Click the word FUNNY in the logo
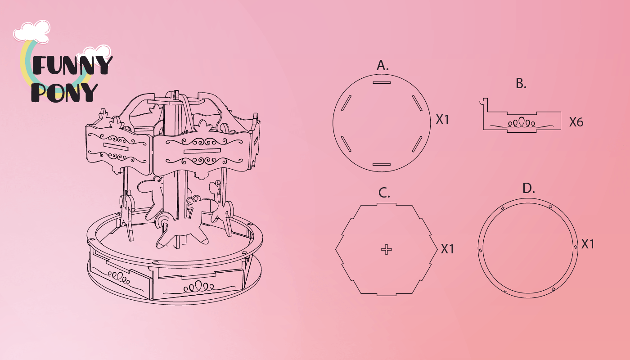pos(72,65)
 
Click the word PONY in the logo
pos(64,92)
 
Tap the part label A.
pos(382,65)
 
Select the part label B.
pos(521,84)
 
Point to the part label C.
pos(384,193)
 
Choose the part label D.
pos(528,188)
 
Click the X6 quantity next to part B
pos(576,122)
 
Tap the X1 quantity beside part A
pos(442,120)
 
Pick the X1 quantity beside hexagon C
pos(447,249)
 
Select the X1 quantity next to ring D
pos(588,244)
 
